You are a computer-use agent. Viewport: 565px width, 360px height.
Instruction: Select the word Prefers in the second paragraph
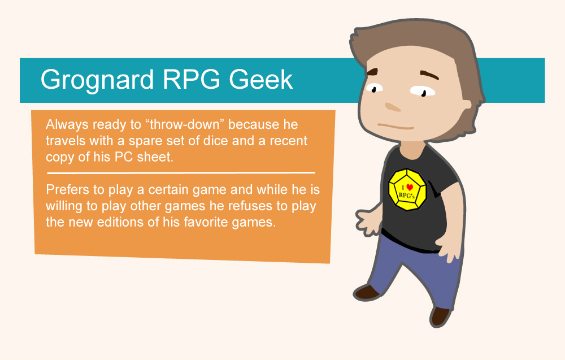[66, 189]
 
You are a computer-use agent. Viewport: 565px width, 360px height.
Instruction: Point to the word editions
[111, 222]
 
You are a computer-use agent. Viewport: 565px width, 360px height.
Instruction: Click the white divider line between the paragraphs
[181, 172]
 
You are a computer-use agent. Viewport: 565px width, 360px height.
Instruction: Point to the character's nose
[393, 106]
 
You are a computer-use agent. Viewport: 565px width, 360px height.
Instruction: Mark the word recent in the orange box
[289, 140]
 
